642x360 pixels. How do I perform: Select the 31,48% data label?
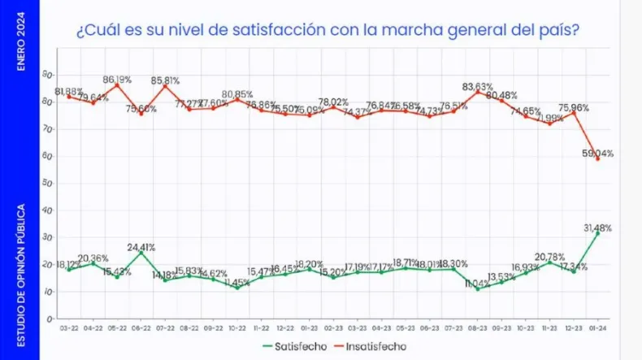click(599, 228)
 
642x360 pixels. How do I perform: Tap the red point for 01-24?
click(597, 158)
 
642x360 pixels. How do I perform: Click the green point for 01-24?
click(597, 233)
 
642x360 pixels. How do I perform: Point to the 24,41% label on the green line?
click(141, 247)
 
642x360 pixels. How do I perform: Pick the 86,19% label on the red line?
click(117, 80)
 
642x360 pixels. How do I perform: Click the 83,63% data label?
click(478, 86)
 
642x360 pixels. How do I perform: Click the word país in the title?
click(562, 33)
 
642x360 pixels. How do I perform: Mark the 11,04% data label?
click(478, 284)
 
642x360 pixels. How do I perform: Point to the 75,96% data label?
click(574, 106)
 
